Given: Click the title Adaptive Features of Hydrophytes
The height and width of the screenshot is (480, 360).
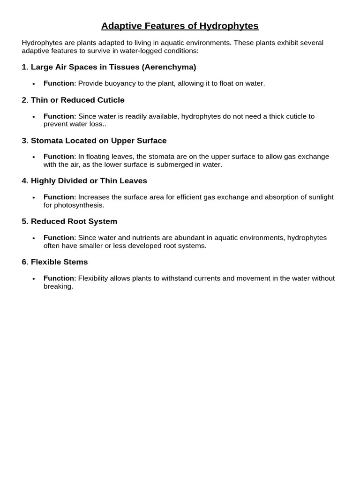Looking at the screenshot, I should coord(180,26).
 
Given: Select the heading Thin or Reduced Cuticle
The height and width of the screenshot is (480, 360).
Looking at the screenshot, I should coord(78,100).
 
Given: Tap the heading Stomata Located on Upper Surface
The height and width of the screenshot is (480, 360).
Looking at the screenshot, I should coord(98,141).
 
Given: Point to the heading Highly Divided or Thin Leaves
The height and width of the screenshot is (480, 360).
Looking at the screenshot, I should coord(89,181).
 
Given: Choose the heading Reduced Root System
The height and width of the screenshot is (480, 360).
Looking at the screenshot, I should coord(74,221).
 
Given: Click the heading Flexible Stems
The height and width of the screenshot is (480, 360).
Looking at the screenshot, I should coord(60,262).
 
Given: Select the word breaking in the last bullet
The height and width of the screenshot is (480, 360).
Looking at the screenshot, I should coord(58,286).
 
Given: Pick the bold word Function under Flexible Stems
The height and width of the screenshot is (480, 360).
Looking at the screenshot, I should coord(59,278).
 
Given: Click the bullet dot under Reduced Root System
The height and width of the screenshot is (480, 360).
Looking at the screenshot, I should coord(34,238).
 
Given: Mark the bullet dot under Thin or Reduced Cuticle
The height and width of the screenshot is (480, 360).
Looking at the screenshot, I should coord(34,117).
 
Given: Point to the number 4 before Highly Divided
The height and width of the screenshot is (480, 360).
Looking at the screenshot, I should coord(24,181).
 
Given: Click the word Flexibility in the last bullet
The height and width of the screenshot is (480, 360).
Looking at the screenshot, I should coord(93,278).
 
